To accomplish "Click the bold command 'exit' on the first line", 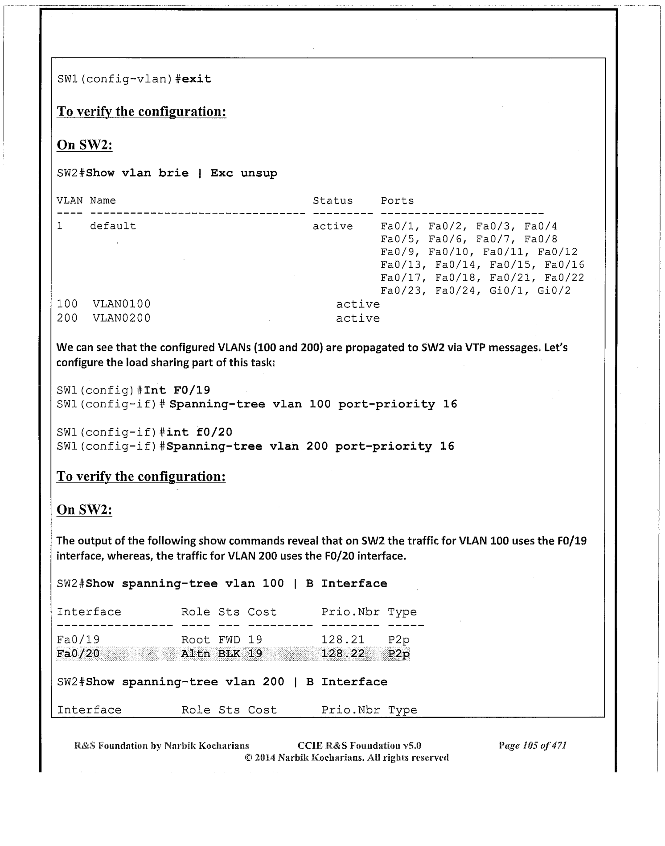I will [x=197, y=79].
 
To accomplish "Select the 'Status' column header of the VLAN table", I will [x=332, y=201].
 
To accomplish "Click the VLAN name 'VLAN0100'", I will [x=122, y=304].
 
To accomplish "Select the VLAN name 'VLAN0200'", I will [x=122, y=318].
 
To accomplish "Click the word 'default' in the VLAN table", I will [x=113, y=226].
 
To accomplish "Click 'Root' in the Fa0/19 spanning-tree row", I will [x=195, y=640].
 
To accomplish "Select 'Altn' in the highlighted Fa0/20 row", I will [x=195, y=654].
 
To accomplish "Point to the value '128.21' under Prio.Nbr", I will [x=343, y=640].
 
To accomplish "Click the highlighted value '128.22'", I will [x=343, y=654].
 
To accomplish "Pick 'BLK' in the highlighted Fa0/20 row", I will [x=229, y=654].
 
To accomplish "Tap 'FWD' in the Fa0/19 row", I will [x=229, y=640].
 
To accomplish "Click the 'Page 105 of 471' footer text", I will [x=532, y=745].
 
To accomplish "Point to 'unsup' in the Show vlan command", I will [x=259, y=173].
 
